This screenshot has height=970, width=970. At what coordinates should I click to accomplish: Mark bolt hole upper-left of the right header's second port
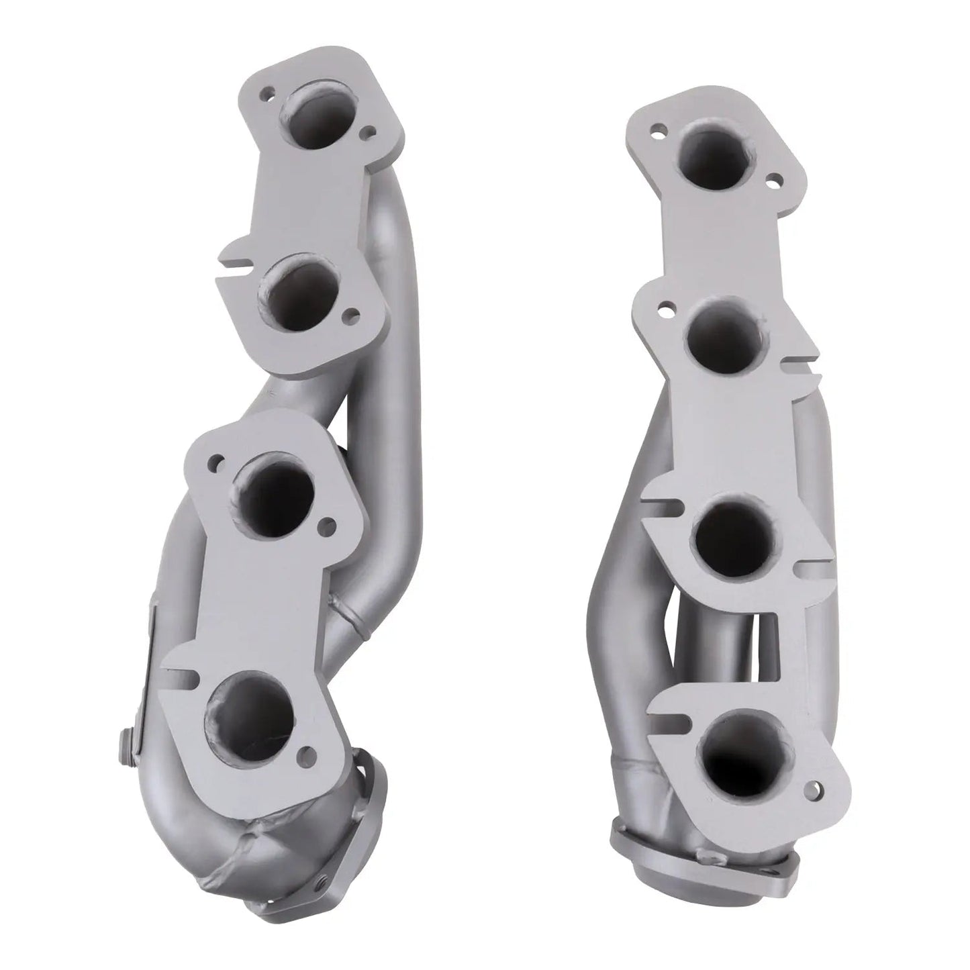[x=666, y=309]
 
